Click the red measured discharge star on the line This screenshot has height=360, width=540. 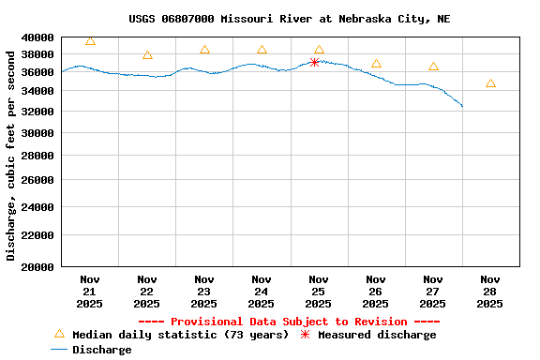click(x=315, y=62)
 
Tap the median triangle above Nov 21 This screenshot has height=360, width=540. click(x=90, y=41)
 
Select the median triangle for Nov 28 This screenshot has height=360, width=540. click(x=490, y=83)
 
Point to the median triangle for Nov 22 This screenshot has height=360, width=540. click(x=147, y=55)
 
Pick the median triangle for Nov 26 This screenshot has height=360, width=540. click(x=376, y=64)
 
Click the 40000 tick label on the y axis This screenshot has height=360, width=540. click(x=38, y=37)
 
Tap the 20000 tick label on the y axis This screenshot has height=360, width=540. click(x=38, y=267)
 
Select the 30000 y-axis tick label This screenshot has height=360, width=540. click(x=38, y=133)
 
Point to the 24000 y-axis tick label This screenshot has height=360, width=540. click(x=38, y=207)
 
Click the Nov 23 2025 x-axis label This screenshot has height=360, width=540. click(x=204, y=291)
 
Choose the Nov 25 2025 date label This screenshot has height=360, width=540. click(x=319, y=291)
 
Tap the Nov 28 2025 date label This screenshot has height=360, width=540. click(x=489, y=291)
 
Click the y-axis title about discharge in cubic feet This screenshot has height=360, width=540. click(x=11, y=155)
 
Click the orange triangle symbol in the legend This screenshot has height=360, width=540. click(x=60, y=334)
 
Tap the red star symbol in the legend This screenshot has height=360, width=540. click(x=305, y=335)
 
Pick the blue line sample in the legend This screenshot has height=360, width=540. click(x=60, y=350)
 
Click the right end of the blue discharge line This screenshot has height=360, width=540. click(x=462, y=106)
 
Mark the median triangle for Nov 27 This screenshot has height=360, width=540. click(x=433, y=67)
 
